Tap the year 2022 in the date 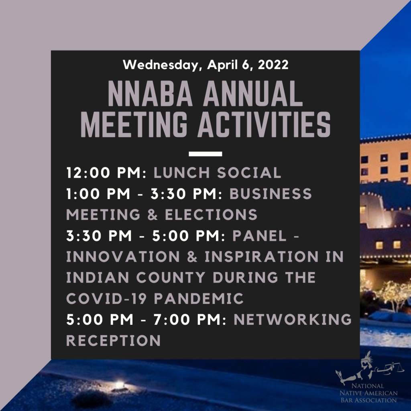pyautogui.click(x=273, y=65)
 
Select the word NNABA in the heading pyautogui.click(x=150, y=94)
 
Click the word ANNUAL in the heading pyautogui.click(x=253, y=94)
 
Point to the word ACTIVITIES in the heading pyautogui.click(x=264, y=124)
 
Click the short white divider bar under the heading pyautogui.click(x=205, y=154)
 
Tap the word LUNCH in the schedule pyautogui.click(x=181, y=173)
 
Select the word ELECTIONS pyautogui.click(x=211, y=215)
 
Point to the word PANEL pyautogui.click(x=259, y=236)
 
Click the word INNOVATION pyautogui.click(x=123, y=256)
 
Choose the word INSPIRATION pyautogui.click(x=261, y=256)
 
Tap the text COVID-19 pyautogui.click(x=106, y=299)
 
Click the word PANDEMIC pyautogui.click(x=199, y=299)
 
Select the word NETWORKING pyautogui.click(x=293, y=319)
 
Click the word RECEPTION pyautogui.click(x=113, y=340)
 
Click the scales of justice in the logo pyautogui.click(x=391, y=368)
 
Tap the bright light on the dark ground pyautogui.click(x=120, y=384)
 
